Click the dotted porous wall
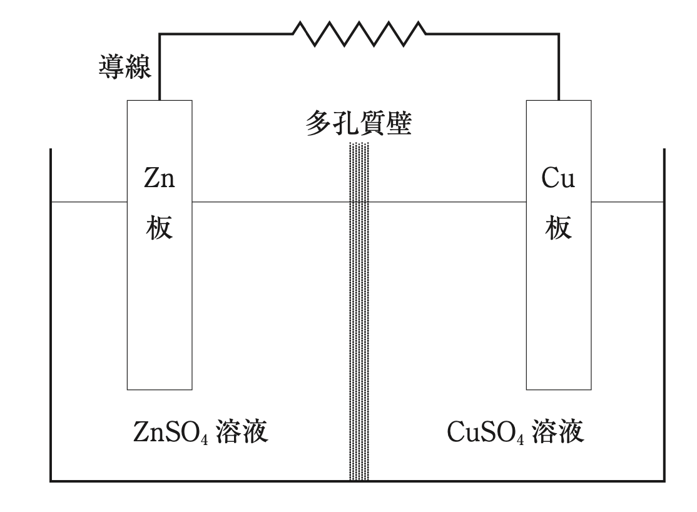359,313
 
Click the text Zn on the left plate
160,179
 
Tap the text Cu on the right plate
558,179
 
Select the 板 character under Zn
160,229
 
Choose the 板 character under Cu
558,229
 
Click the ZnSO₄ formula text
171,433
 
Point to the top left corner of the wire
160,34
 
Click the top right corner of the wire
558,34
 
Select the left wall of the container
51,313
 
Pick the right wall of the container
664,313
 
